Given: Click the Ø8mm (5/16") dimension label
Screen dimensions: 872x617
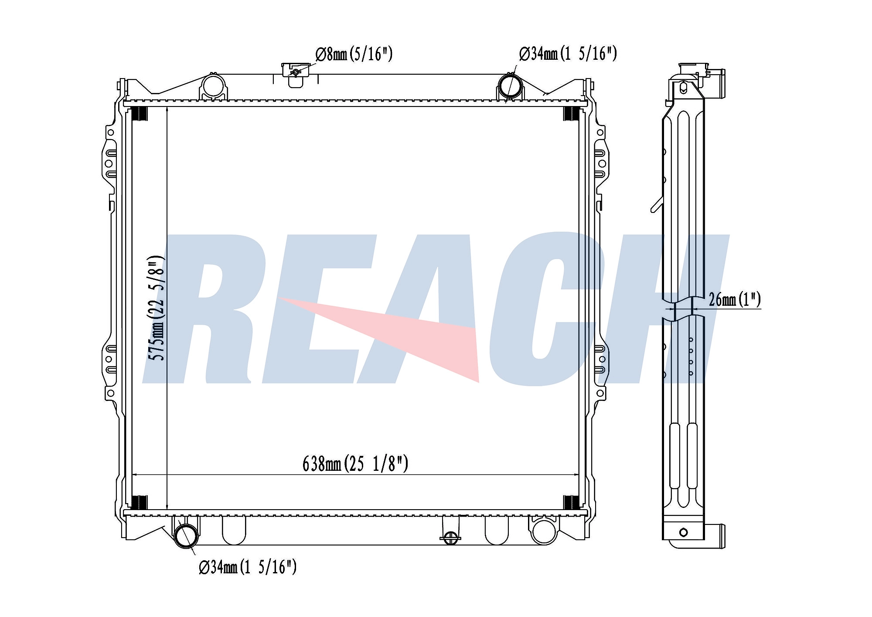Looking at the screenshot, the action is pyautogui.click(x=354, y=54).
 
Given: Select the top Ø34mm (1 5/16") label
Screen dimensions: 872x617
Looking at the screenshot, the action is pyautogui.click(x=568, y=54).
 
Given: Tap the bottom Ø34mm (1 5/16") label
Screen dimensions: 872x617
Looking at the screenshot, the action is pyautogui.click(x=248, y=567).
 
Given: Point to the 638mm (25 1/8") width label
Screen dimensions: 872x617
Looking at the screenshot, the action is pyautogui.click(x=355, y=464).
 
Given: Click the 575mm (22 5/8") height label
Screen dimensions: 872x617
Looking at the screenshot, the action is pyautogui.click(x=157, y=308).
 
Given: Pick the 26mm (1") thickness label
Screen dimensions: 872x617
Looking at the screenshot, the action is pyautogui.click(x=735, y=300).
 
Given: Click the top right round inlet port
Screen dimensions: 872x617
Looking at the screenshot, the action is pyautogui.click(x=510, y=86).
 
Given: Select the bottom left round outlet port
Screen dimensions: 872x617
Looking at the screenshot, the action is pyautogui.click(x=186, y=536).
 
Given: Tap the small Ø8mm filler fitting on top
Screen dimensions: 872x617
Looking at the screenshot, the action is pyautogui.click(x=296, y=71).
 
